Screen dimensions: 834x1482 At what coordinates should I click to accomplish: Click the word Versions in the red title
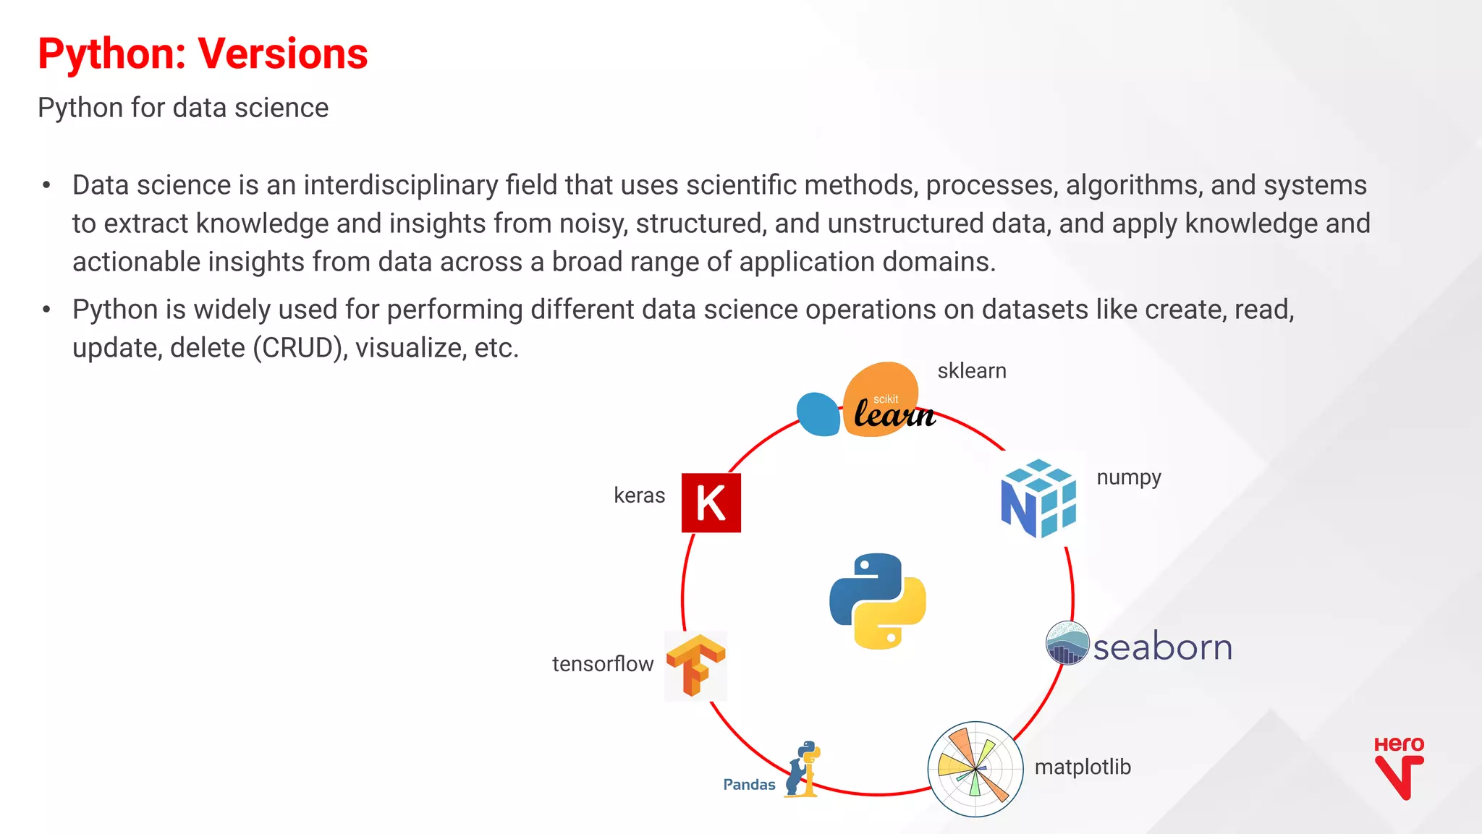pos(282,54)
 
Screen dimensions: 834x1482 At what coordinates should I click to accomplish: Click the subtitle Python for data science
pos(183,108)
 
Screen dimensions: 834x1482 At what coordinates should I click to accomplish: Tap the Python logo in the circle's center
pos(877,601)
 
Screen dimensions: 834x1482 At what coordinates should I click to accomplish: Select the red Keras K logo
pos(711,503)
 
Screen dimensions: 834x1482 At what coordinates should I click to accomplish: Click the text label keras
pos(639,495)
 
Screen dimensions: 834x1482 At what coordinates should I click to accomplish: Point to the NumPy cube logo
pos(1038,498)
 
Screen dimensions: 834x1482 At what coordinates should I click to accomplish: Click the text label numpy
pos(1128,477)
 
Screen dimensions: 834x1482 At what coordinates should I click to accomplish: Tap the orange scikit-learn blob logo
pos(881,399)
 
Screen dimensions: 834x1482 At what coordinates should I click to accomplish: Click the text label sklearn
pos(971,371)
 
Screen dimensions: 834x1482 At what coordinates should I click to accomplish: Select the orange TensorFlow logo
pos(695,665)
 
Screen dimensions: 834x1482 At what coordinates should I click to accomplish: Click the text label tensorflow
pos(602,664)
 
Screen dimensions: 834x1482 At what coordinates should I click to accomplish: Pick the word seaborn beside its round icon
pos(1162,647)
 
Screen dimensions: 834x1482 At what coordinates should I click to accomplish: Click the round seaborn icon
pos(1067,643)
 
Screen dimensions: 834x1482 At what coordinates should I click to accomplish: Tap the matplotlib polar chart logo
pos(975,769)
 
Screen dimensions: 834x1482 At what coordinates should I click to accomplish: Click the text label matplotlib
pos(1082,767)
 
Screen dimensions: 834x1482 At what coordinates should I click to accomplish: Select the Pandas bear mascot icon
pos(802,770)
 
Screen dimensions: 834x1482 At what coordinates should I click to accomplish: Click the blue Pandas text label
pos(749,785)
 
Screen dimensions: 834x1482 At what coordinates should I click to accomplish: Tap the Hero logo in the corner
pos(1398,767)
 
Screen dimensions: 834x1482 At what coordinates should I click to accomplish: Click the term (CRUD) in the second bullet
pos(300,348)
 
